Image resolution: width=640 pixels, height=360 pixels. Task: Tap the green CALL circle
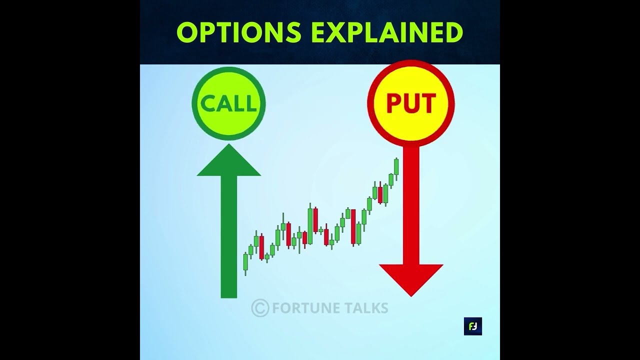228,104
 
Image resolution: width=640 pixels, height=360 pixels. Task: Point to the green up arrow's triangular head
229,162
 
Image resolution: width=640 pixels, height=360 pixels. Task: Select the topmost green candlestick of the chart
396,166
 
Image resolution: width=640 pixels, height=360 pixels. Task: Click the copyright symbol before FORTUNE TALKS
260,308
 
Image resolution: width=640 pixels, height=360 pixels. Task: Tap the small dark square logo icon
472,326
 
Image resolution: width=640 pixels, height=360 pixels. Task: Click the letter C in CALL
207,104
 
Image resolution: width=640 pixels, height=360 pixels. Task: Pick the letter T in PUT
427,103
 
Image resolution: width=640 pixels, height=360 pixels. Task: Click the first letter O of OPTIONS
187,33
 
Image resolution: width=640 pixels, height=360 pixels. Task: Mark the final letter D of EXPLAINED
452,33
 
